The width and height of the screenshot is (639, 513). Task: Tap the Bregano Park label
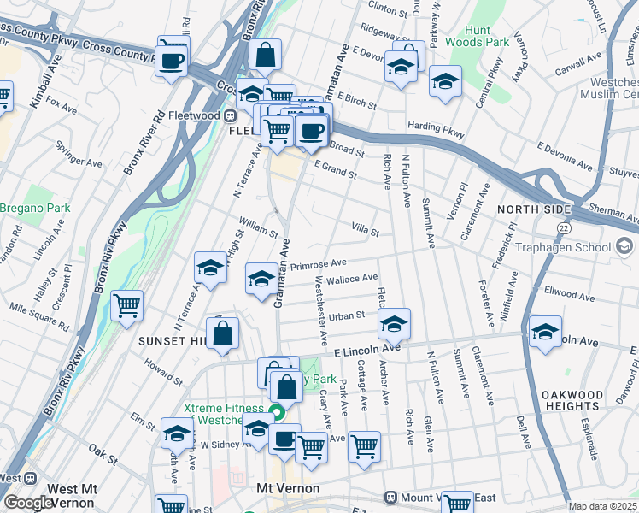34,208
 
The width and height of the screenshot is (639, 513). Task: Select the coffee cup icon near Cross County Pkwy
173,59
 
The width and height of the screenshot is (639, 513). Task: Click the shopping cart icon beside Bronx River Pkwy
126,304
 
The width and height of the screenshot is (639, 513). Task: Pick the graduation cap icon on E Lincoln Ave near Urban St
394,324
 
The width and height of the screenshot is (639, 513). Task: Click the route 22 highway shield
563,227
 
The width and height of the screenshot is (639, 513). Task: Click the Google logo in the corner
28,503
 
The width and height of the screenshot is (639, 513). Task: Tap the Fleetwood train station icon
230,116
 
